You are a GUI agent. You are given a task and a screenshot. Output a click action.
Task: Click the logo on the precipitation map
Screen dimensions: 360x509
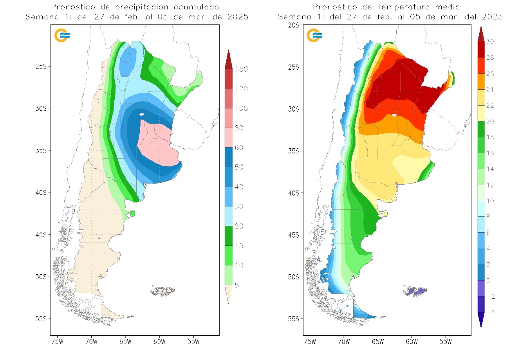pos(62,35)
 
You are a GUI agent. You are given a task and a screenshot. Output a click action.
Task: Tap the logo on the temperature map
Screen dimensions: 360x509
pos(315,35)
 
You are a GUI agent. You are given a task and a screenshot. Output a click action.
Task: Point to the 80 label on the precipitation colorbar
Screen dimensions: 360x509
pos(239,128)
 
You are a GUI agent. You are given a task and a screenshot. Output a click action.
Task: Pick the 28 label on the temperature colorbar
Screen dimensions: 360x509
pos(490,58)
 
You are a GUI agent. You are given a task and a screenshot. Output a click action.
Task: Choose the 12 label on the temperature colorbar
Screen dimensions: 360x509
pos(490,185)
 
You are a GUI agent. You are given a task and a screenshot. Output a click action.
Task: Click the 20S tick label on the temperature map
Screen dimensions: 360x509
pos(293,25)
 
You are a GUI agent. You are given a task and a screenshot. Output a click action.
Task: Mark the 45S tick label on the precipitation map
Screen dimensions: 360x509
pos(41,235)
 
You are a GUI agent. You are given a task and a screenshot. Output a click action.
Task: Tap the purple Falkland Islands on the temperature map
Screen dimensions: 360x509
pos(415,292)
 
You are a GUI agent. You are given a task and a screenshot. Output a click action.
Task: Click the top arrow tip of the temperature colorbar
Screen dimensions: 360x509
pos(481,27)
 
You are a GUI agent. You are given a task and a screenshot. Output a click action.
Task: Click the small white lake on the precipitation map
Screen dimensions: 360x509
pos(141,114)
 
